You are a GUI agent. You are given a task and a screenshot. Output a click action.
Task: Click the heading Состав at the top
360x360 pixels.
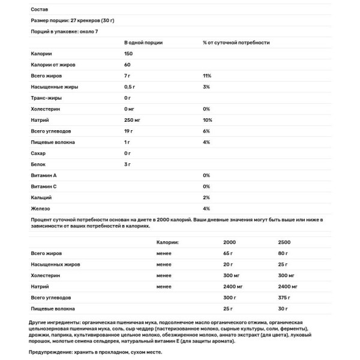[x=37, y=10]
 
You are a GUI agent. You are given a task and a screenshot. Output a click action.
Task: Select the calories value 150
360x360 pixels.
[x=128, y=54]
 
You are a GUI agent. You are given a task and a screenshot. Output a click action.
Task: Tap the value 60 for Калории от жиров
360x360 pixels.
[x=127, y=65]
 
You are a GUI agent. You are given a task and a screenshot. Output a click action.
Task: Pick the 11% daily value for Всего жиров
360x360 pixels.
[x=207, y=76]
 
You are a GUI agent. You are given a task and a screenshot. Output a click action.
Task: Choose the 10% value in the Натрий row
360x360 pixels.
[x=207, y=120]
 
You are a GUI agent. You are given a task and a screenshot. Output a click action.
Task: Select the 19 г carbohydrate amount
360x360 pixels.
[x=128, y=131]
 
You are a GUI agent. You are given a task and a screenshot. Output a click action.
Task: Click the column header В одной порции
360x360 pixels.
[x=143, y=43]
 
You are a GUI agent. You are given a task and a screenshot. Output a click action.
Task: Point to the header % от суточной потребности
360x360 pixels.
[x=236, y=43]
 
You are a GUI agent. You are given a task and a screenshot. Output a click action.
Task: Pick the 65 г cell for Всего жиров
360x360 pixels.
[x=228, y=254]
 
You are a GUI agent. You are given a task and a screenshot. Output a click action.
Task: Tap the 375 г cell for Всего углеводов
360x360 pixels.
[x=284, y=298]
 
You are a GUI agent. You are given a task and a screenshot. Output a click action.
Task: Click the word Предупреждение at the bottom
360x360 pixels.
[x=50, y=354]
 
